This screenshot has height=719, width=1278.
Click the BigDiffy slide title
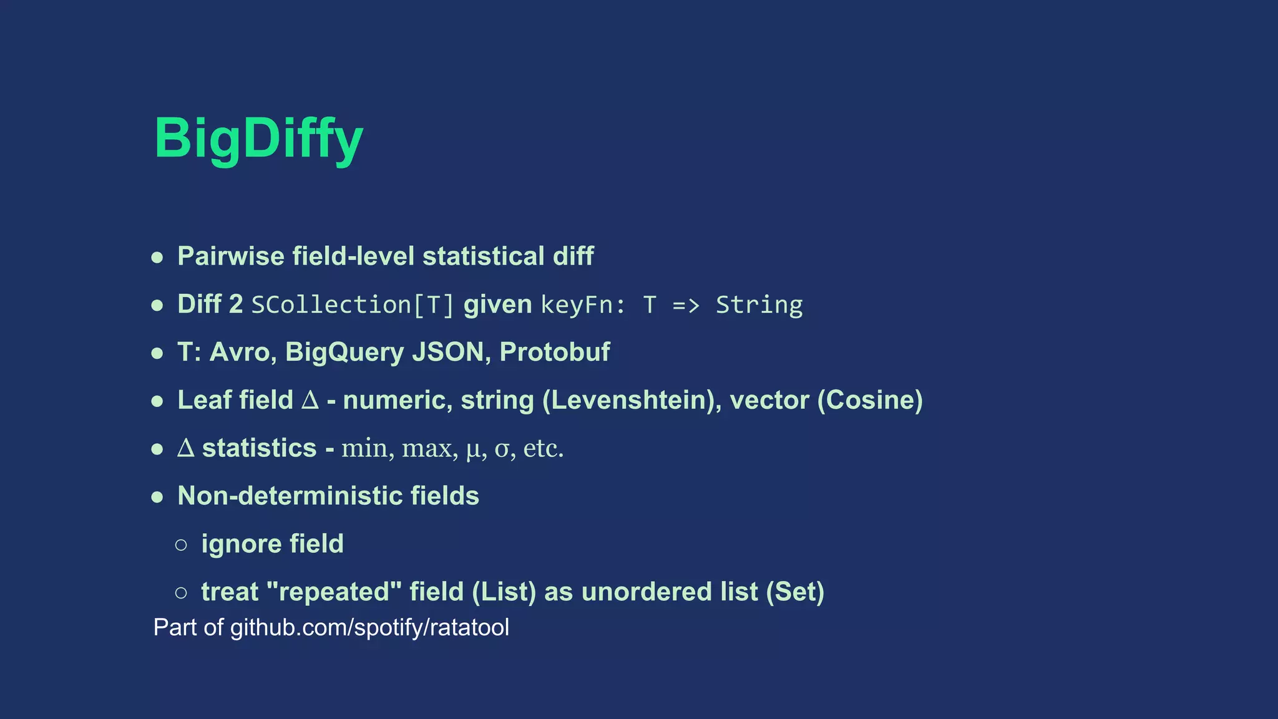click(258, 139)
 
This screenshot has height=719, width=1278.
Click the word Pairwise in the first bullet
click(230, 257)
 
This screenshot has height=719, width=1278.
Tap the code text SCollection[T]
click(353, 305)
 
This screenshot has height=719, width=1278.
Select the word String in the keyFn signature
click(759, 305)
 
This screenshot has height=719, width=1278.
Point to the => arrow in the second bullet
click(686, 305)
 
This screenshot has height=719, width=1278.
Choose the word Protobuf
click(554, 353)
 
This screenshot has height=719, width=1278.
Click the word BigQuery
click(344, 353)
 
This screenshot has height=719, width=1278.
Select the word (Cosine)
click(870, 401)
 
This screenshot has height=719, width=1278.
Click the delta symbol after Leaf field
click(310, 401)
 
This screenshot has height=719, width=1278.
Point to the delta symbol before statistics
click(186, 448)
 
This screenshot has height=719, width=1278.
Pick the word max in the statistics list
click(429, 449)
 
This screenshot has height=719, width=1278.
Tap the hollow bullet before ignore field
click(181, 545)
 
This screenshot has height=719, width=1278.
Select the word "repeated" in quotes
click(334, 592)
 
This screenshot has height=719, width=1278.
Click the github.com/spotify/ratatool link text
click(369, 628)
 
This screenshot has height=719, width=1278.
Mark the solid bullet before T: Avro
click(157, 353)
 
